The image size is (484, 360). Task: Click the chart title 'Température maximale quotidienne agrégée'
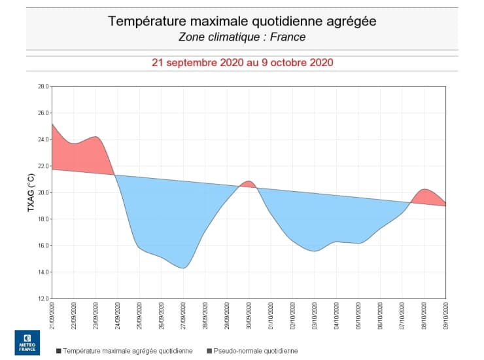click(242, 21)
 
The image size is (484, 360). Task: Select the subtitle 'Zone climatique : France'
click(242, 37)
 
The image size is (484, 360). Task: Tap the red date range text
click(242, 63)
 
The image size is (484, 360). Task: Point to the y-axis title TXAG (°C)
click(30, 192)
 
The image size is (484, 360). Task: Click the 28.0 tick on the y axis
click(43, 86)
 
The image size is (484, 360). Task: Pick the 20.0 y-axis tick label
click(43, 192)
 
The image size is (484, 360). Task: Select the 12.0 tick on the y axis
click(43, 298)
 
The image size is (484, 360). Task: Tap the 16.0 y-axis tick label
click(43, 245)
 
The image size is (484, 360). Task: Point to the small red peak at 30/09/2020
click(248, 183)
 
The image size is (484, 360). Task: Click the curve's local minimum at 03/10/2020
click(315, 250)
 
